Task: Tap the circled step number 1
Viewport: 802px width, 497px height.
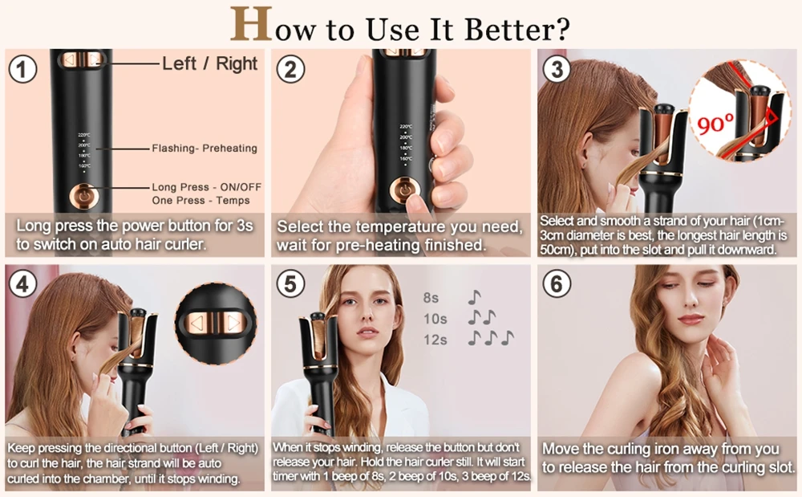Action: point(23,68)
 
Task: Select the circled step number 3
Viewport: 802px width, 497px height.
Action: point(556,68)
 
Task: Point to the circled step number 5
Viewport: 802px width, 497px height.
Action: point(290,283)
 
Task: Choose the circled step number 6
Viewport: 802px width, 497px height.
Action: point(556,283)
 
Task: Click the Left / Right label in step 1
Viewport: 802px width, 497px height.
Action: point(210,63)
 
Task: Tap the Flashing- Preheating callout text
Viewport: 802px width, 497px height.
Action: point(205,148)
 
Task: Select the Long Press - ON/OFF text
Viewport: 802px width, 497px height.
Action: point(206,187)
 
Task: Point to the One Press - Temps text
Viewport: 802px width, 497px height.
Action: point(200,200)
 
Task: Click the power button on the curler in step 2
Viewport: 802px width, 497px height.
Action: point(403,191)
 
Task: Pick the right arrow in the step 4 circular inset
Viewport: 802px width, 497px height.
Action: point(233,324)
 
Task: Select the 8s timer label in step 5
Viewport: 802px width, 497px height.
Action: point(431,298)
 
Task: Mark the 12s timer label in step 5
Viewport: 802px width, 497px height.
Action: point(435,340)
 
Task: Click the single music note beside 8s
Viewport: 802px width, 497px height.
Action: point(474,298)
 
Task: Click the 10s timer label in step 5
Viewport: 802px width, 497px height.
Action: point(435,319)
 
